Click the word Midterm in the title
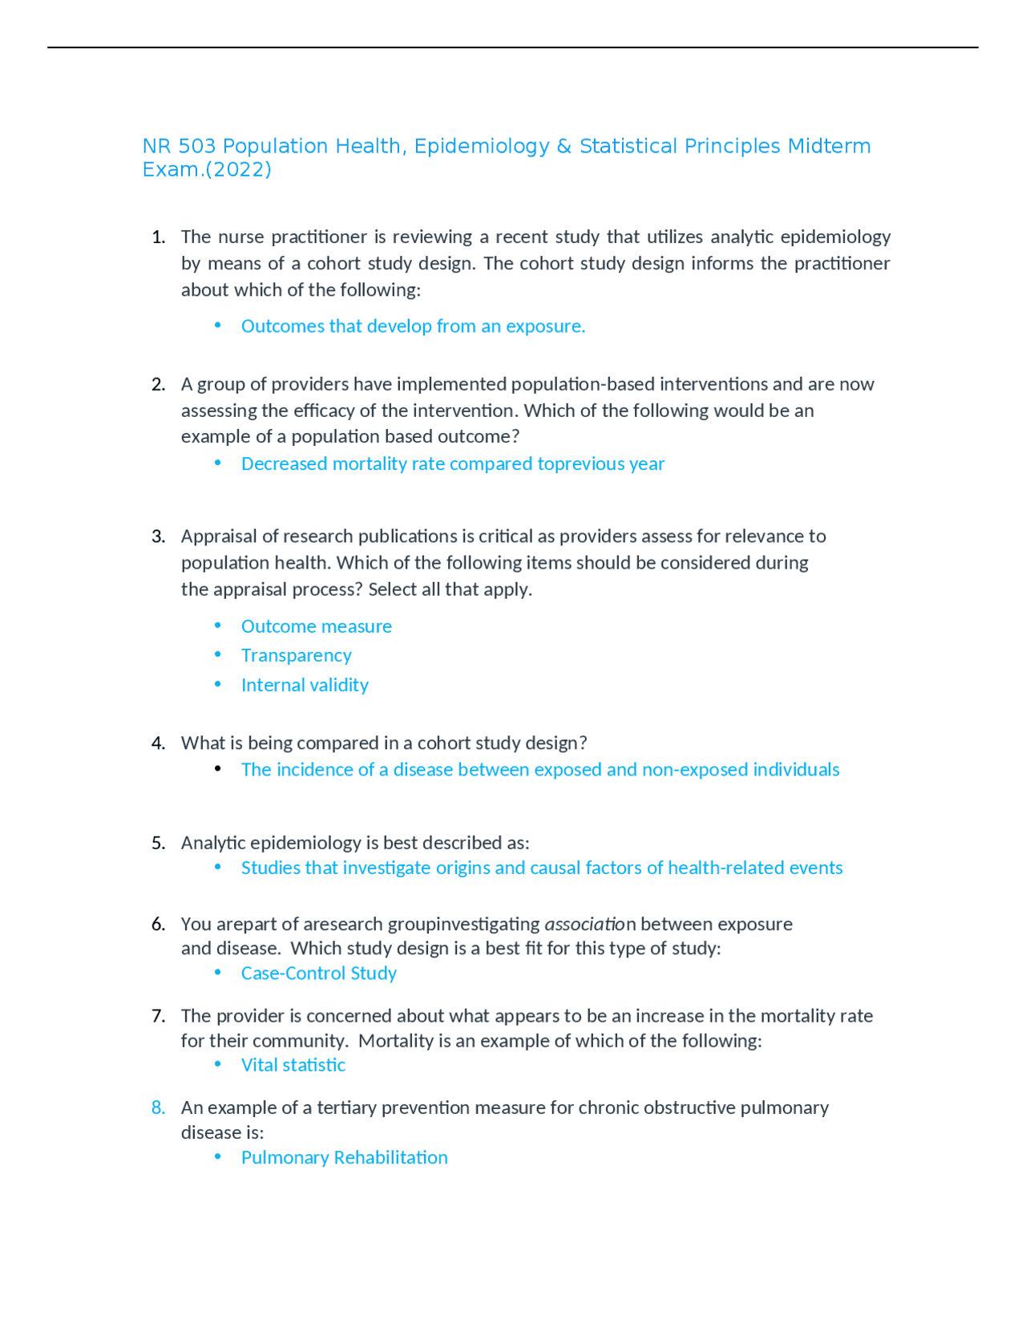(829, 147)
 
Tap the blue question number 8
(158, 1107)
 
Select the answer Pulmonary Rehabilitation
(344, 1157)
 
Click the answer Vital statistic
(293, 1065)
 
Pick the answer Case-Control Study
(318, 973)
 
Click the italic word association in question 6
(589, 924)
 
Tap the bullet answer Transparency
(296, 655)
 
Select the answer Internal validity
(305, 685)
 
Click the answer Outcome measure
(316, 626)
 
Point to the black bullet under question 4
(218, 769)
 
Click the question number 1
(158, 237)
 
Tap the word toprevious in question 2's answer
(581, 464)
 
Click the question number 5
(158, 843)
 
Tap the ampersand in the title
(563, 147)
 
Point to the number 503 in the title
(196, 147)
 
